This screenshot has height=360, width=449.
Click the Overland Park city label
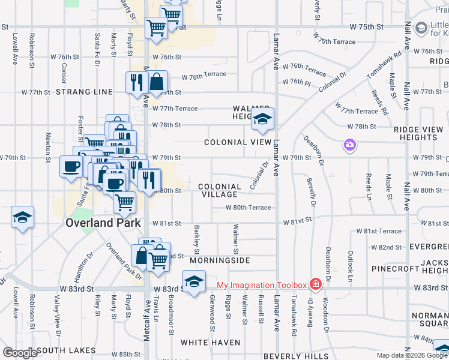click(x=103, y=223)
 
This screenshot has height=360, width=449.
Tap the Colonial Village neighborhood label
click(x=219, y=190)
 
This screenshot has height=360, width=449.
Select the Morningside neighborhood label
click(x=220, y=261)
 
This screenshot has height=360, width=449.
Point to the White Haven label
click(x=211, y=343)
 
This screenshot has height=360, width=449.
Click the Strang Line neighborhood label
click(x=84, y=92)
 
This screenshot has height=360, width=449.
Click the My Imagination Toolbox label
click(x=261, y=284)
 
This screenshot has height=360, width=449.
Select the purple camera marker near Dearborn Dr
click(x=349, y=145)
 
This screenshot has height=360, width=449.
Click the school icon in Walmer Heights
click(x=262, y=119)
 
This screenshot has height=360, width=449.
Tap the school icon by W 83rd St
click(x=193, y=281)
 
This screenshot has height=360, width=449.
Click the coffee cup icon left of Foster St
click(x=71, y=166)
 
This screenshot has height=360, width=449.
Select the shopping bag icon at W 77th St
click(x=156, y=83)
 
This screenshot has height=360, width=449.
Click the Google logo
click(x=20, y=353)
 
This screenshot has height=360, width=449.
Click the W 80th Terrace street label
click(x=248, y=208)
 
